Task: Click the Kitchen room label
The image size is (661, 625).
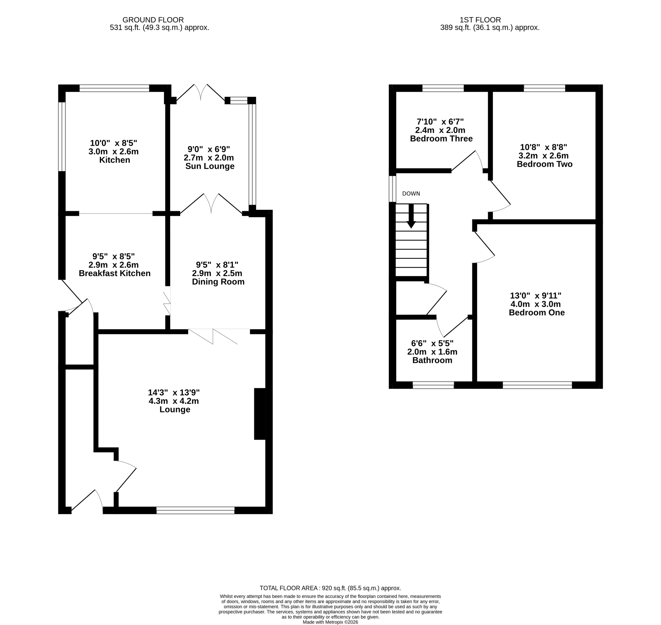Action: [115, 160]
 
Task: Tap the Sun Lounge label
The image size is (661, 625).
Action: [210, 166]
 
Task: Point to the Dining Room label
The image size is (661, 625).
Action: [218, 282]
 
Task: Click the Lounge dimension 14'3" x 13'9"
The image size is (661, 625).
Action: [174, 392]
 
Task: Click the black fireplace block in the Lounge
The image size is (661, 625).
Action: [260, 414]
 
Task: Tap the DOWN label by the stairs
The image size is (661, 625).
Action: [411, 194]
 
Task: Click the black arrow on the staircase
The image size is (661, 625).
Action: [412, 216]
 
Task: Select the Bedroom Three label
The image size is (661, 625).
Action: [442, 139]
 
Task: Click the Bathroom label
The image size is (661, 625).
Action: [432, 360]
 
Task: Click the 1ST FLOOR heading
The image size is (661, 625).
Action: [480, 20]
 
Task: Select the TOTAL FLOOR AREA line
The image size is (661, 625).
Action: [330, 588]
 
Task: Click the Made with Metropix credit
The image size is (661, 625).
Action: [330, 622]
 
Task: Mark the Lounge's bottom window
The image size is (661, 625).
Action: [195, 510]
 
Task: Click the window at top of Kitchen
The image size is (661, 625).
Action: [114, 88]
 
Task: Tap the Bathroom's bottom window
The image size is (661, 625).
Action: [434, 385]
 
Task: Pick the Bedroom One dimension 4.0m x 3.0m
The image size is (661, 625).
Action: [536, 304]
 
